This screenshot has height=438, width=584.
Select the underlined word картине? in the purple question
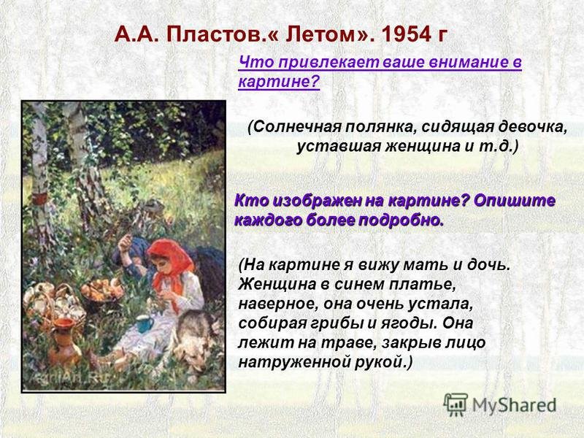[279, 81]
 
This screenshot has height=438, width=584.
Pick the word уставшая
[337, 147]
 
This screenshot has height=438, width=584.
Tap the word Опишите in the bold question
[515, 201]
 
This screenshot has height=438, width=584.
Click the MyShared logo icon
[455, 404]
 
